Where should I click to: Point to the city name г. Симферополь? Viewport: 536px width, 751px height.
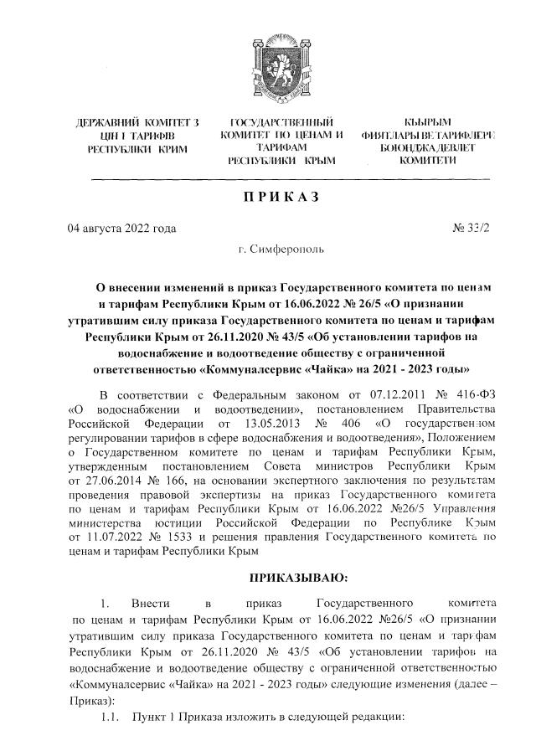279,250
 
